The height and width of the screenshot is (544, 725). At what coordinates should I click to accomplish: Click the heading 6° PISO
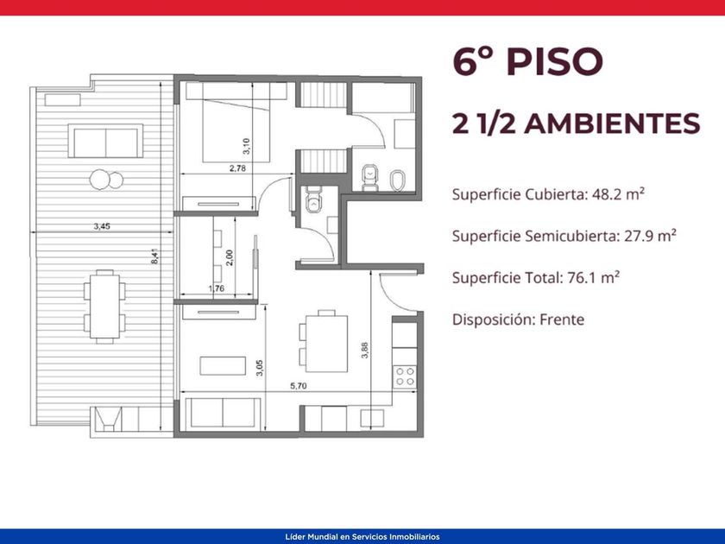527,61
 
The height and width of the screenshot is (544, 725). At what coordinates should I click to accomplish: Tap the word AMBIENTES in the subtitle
612,123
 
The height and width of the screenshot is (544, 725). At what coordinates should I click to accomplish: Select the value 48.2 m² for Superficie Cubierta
618,194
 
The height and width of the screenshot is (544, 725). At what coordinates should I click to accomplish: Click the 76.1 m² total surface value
593,277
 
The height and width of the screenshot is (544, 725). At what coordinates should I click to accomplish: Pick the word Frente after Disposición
562,319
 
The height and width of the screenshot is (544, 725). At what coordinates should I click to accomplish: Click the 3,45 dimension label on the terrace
102,226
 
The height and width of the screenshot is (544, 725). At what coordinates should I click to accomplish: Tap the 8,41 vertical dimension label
155,256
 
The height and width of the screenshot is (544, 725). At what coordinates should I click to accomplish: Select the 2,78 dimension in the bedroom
237,168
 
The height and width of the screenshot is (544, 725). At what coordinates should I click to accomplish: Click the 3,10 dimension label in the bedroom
246,146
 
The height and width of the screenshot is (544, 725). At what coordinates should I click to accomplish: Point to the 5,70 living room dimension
299,386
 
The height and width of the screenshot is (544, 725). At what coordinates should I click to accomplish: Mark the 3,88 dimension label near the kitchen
365,351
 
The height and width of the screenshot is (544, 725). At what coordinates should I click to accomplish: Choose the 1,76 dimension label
217,288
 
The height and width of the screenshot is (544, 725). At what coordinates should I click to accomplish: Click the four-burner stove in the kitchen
405,376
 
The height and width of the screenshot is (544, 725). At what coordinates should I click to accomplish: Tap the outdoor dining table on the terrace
104,307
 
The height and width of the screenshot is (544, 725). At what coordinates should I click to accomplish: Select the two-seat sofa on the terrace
105,141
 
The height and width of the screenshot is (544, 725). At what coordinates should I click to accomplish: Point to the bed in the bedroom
236,123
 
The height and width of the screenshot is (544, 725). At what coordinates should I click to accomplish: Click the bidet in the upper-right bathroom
398,180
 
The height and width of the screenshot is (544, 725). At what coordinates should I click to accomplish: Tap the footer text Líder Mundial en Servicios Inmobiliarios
362,537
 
